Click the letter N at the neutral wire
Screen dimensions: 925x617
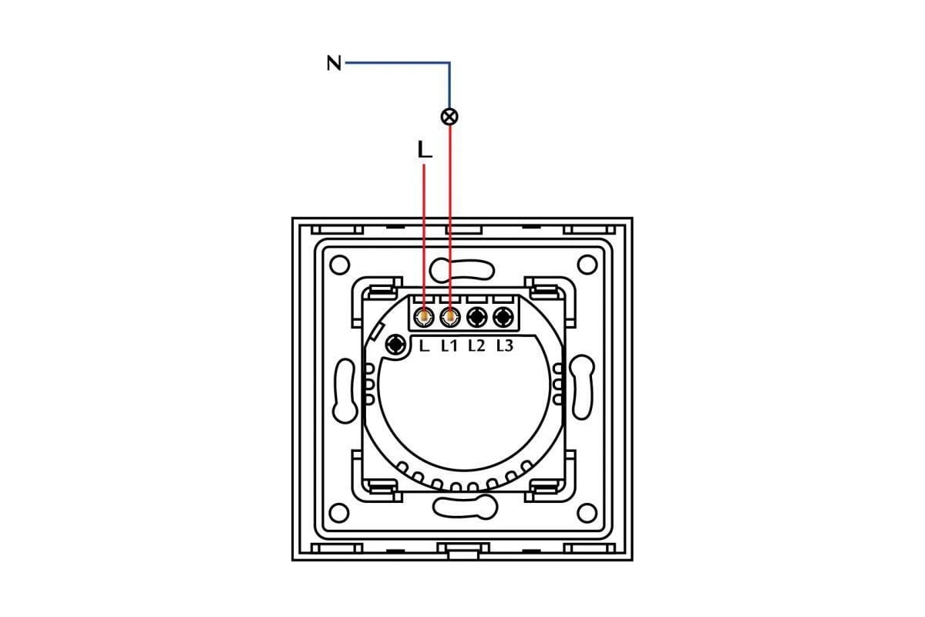[334, 63]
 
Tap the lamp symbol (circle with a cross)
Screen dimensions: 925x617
[449, 116]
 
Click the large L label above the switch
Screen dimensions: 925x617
[425, 150]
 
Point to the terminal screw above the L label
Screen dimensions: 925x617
[424, 318]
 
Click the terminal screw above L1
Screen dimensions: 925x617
[449, 318]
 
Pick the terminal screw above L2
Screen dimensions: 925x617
[477, 318]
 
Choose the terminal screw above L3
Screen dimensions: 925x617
[503, 318]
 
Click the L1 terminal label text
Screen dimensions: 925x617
[449, 346]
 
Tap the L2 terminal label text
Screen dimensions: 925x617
[476, 346]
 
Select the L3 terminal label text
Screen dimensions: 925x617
[505, 346]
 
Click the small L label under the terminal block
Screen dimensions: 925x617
[424, 346]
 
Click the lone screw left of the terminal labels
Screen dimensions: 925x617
[395, 344]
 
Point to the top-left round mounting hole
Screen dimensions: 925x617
[340, 265]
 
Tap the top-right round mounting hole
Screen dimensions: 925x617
[587, 265]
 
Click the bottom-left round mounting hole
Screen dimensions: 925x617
[339, 513]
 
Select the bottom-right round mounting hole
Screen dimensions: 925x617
[587, 513]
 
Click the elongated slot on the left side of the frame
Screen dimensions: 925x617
[345, 390]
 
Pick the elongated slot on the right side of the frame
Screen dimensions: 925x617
[582, 387]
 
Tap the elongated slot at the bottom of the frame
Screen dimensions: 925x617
[465, 507]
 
